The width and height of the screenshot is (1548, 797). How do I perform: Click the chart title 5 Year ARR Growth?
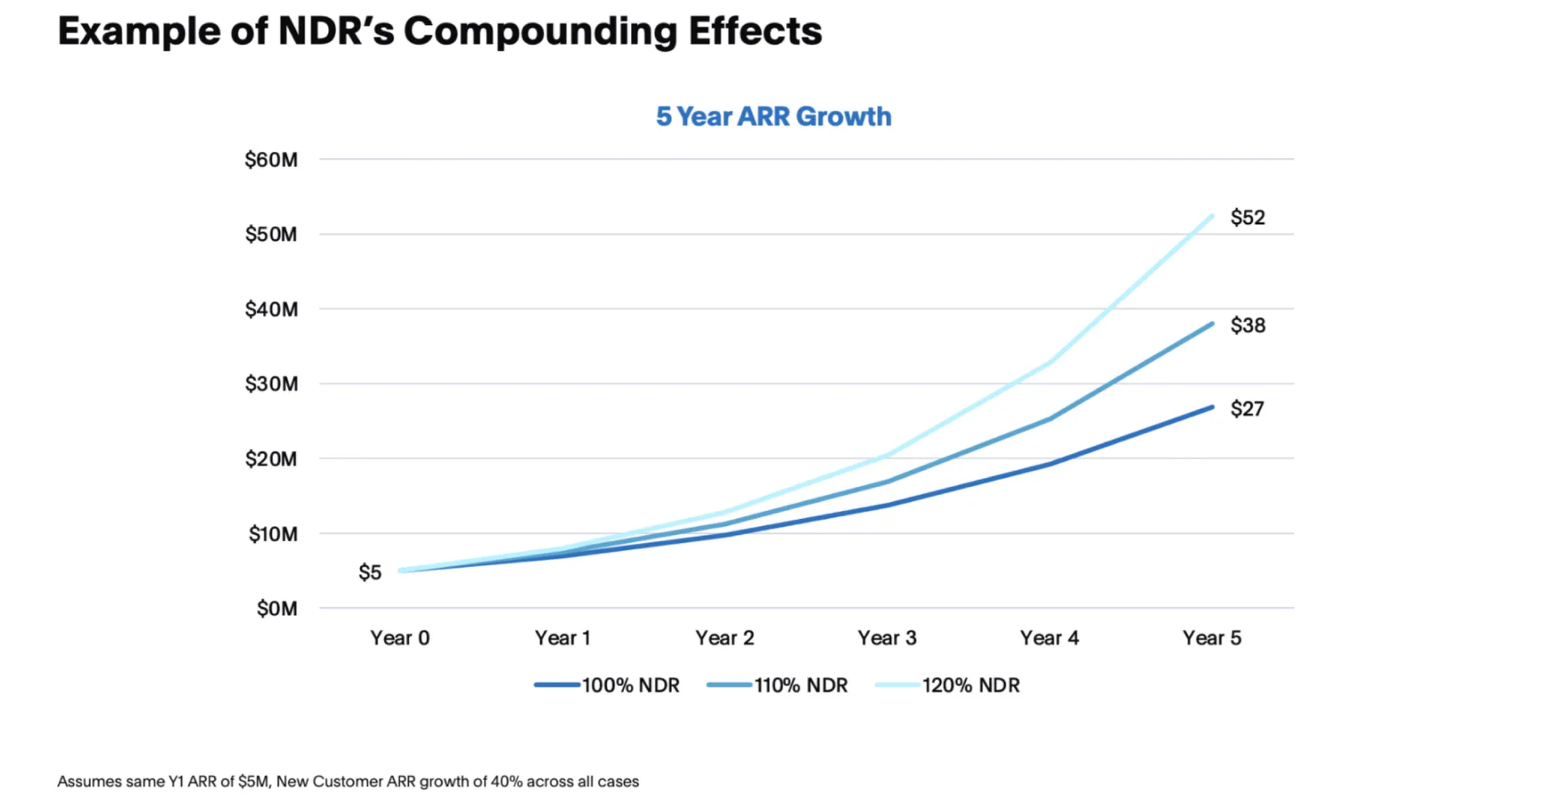pyautogui.click(x=773, y=116)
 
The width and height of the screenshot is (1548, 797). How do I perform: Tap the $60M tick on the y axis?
pyautogui.click(x=271, y=160)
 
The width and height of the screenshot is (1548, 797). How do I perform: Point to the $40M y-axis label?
pyautogui.click(x=271, y=310)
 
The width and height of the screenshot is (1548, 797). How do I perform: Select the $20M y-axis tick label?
pyautogui.click(x=271, y=459)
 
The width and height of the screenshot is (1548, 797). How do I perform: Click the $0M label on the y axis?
pyautogui.click(x=277, y=609)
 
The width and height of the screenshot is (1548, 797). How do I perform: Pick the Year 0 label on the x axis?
pyautogui.click(x=399, y=638)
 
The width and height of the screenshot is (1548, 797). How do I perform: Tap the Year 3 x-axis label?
pyautogui.click(x=887, y=638)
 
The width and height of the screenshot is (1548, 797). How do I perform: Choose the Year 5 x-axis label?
pyautogui.click(x=1212, y=638)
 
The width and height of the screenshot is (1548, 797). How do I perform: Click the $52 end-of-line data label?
pyautogui.click(x=1248, y=218)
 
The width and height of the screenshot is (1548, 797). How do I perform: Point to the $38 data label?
pyautogui.click(x=1248, y=325)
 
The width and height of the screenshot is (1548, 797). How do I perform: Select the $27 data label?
pyautogui.click(x=1247, y=409)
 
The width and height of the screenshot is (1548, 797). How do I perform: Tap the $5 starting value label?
pyautogui.click(x=370, y=572)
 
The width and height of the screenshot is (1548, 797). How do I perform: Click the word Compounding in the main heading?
pyautogui.click(x=539, y=32)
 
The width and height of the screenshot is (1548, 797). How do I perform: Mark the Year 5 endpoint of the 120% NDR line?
pyautogui.click(x=1212, y=215)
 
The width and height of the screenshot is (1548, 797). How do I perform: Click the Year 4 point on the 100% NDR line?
pyautogui.click(x=1050, y=464)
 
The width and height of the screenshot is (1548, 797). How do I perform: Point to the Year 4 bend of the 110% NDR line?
pyautogui.click(x=1050, y=419)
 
